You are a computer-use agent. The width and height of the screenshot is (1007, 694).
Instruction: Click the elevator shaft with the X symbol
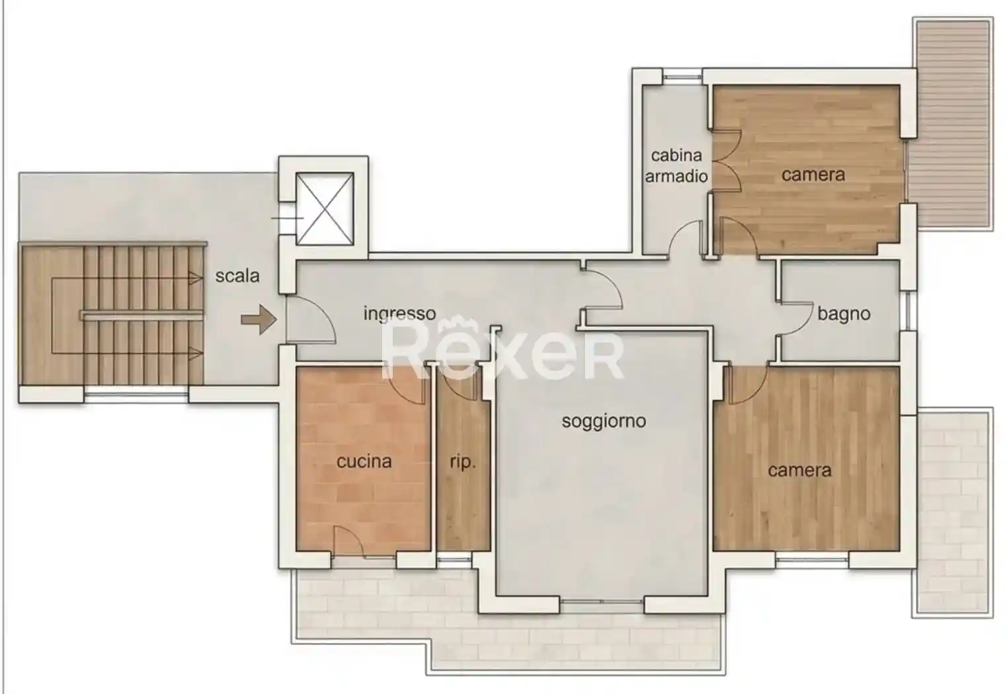click(x=325, y=209)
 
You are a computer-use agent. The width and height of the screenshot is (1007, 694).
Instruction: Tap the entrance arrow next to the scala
click(x=259, y=320)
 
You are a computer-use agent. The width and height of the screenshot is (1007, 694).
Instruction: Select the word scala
click(x=237, y=276)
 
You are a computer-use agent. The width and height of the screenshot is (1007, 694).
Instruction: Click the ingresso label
click(x=399, y=314)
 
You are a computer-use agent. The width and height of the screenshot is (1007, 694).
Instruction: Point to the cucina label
click(x=364, y=461)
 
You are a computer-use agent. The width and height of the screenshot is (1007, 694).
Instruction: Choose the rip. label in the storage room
click(x=463, y=463)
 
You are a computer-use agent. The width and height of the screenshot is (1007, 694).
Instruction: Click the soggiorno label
click(x=604, y=422)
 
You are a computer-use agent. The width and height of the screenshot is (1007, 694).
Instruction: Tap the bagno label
click(x=844, y=314)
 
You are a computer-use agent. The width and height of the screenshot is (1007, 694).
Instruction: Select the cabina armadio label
click(x=676, y=166)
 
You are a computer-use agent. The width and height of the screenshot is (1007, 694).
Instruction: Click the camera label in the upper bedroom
click(x=813, y=175)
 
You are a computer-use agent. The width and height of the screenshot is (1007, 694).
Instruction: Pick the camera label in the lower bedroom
click(x=800, y=471)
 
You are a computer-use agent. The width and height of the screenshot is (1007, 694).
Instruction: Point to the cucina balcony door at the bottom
click(x=349, y=541)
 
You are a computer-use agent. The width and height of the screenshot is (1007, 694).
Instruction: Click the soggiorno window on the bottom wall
click(x=602, y=601)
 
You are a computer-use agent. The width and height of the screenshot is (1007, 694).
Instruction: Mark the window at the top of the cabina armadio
click(x=682, y=77)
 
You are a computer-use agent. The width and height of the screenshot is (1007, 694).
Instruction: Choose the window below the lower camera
click(x=812, y=560)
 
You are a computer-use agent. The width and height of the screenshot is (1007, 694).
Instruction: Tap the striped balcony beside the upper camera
click(x=952, y=124)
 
